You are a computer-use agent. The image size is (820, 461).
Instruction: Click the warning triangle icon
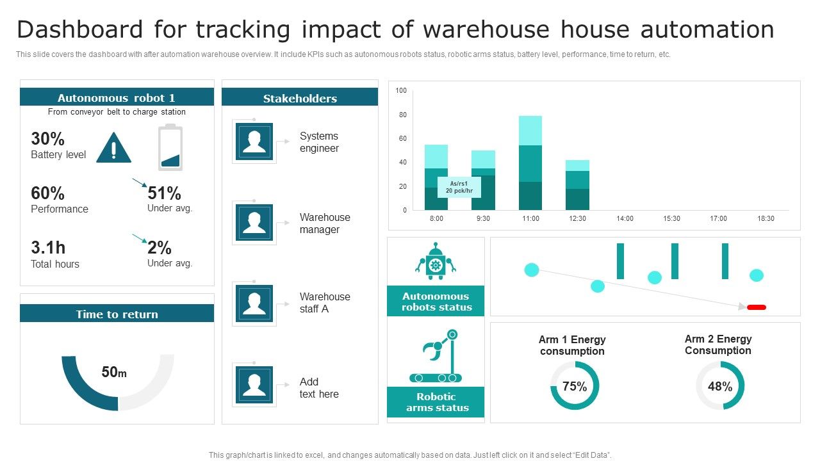[x=113, y=149]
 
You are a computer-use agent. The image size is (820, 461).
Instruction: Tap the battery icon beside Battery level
[x=170, y=148]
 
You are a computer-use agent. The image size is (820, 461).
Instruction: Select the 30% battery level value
[x=48, y=139]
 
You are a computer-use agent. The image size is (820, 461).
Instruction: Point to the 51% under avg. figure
[x=165, y=193]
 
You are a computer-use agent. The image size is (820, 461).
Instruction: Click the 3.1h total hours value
[x=48, y=248]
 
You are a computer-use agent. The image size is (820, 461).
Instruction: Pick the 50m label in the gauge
[x=114, y=372]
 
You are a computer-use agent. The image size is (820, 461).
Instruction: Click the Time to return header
[x=117, y=314]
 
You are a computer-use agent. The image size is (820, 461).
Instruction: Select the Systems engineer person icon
[x=254, y=142]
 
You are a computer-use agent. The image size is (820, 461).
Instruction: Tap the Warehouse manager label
[x=325, y=223]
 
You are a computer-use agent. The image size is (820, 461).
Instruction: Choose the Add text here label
[x=319, y=388]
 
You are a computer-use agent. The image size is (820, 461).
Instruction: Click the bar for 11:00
[x=530, y=163]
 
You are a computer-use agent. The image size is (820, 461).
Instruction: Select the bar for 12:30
[x=577, y=185]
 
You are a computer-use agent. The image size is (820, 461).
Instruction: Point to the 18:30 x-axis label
[x=766, y=219]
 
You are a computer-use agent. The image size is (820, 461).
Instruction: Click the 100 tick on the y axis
[x=401, y=91]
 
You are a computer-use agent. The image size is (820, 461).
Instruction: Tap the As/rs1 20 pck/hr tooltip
[x=459, y=188]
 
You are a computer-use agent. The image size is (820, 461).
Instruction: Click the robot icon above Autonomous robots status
[x=436, y=261]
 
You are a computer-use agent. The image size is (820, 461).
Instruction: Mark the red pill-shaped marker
[x=757, y=307]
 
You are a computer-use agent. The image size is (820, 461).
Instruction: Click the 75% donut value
[x=575, y=386]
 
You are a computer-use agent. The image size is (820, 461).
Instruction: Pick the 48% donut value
[x=720, y=386]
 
